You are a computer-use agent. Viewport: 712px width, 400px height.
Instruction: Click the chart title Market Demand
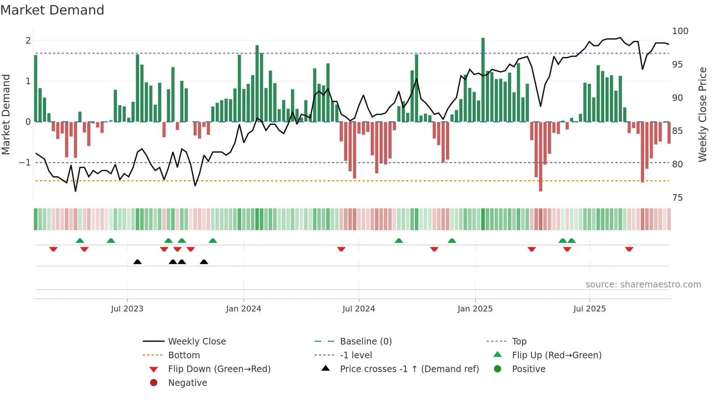point(52,10)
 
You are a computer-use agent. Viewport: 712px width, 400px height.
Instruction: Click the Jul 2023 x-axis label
point(127,309)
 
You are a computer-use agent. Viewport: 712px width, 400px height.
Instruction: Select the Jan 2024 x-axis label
point(243,309)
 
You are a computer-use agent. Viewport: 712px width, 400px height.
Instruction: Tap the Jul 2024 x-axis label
point(359,309)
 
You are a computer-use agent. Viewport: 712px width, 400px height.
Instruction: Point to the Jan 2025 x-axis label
point(475,309)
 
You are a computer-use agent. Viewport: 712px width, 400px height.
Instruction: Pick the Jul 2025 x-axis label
point(590,309)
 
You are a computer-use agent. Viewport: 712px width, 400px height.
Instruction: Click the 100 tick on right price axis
point(680,31)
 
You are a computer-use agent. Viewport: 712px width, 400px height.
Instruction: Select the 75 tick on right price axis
point(677,198)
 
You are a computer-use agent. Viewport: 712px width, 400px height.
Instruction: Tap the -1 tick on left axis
point(25,163)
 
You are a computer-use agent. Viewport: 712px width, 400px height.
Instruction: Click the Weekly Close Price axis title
point(703,114)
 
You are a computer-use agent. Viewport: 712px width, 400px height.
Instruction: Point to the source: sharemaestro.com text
point(643,285)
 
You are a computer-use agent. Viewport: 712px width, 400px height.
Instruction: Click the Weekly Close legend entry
point(197,342)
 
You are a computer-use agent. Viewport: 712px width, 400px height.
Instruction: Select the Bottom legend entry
point(184,355)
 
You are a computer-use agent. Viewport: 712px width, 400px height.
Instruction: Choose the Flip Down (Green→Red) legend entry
point(219,369)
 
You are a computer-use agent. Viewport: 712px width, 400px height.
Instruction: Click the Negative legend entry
point(187,383)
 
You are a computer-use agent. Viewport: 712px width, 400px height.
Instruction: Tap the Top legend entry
point(519,342)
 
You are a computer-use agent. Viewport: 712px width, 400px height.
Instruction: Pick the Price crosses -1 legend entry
point(409,369)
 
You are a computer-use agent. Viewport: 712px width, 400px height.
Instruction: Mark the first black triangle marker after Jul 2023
point(137,262)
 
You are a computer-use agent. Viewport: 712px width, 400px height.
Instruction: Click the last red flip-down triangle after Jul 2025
point(629,249)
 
